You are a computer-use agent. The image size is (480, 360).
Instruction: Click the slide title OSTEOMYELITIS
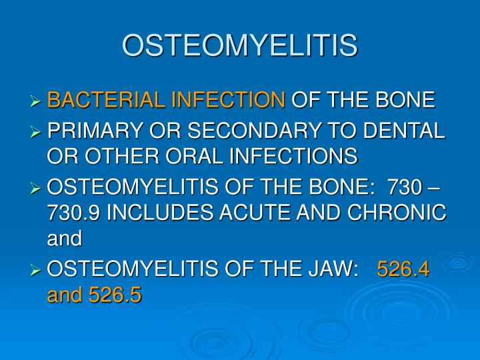240,45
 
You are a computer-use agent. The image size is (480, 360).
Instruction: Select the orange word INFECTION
227,101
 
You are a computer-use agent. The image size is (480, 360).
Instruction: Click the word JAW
331,269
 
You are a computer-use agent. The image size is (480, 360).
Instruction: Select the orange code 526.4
403,269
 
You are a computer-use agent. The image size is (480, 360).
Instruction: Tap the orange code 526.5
115,295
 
